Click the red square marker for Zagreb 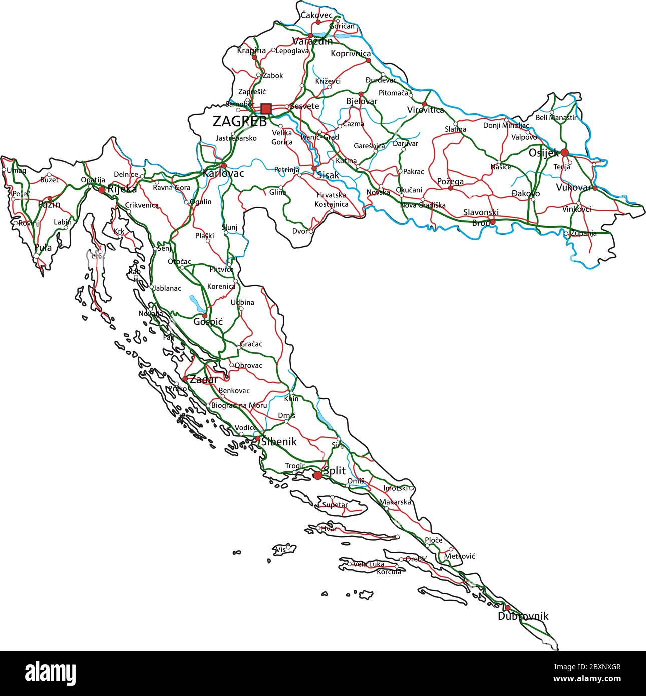click(x=266, y=109)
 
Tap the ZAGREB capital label click(x=239, y=122)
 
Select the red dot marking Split click(x=317, y=475)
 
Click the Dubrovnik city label click(x=523, y=616)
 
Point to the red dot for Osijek click(x=564, y=152)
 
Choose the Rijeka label click(x=122, y=189)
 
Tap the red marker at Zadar click(x=185, y=379)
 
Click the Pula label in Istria click(x=43, y=247)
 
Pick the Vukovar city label click(x=573, y=188)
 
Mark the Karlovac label click(x=223, y=174)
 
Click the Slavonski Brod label click(x=481, y=218)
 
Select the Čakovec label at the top click(x=316, y=15)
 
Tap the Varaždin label click(x=312, y=41)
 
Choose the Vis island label click(x=281, y=549)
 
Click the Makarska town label click(x=395, y=502)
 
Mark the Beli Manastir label click(x=556, y=118)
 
